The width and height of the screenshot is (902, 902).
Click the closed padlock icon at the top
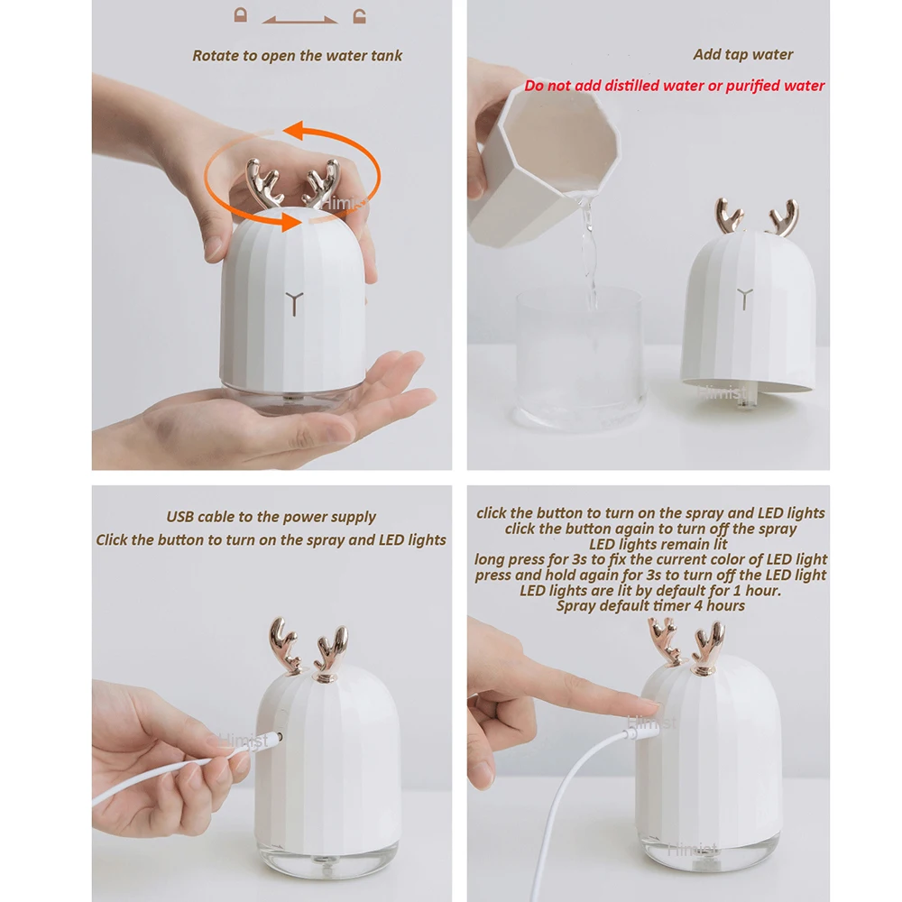click(x=240, y=15)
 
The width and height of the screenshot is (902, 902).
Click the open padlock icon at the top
click(x=359, y=15)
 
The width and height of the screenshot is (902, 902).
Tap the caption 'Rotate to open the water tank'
click(x=297, y=56)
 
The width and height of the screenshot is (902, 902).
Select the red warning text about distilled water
click(x=674, y=86)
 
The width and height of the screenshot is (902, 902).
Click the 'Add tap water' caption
click(x=742, y=55)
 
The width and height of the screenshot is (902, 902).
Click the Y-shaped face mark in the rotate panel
click(x=292, y=302)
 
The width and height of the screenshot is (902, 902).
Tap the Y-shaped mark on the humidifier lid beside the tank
click(x=745, y=297)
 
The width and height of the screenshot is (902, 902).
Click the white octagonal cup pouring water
click(x=538, y=153)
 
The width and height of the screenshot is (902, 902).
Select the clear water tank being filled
click(x=579, y=356)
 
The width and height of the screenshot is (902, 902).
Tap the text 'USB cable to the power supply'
click(x=271, y=518)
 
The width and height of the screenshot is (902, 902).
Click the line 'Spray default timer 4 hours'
click(x=649, y=605)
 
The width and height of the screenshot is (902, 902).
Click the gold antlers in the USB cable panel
click(x=308, y=648)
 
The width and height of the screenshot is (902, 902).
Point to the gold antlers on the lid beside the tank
click(x=756, y=217)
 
